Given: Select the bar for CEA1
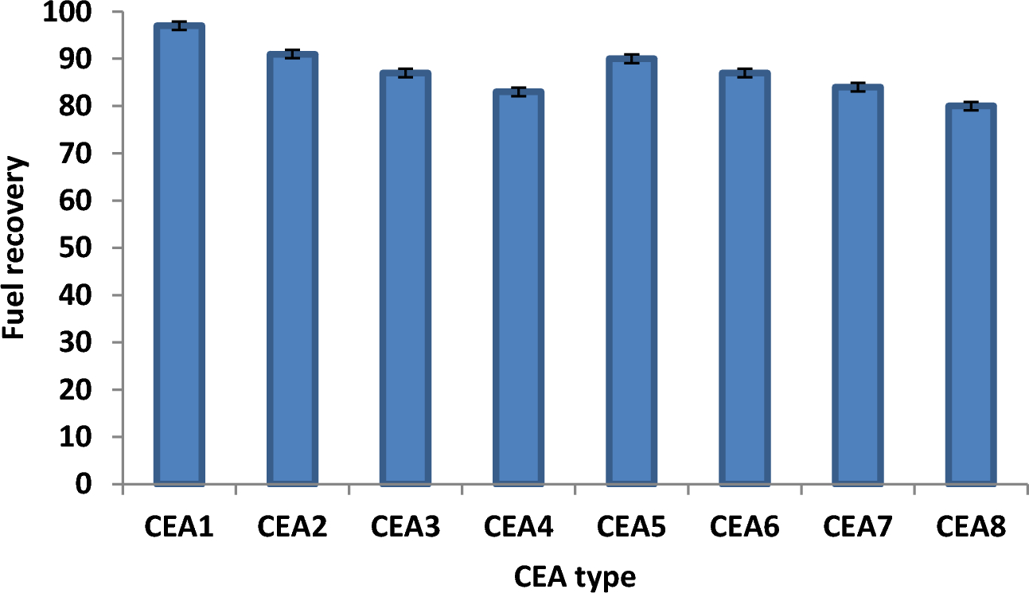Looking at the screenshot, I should click(x=179, y=255).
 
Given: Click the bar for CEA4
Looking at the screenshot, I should click(x=518, y=287).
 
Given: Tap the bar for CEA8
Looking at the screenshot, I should click(x=970, y=295).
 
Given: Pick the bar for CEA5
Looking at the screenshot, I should click(x=631, y=271).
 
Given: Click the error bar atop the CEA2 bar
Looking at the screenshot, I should click(x=292, y=54).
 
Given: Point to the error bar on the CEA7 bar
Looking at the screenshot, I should click(x=857, y=87).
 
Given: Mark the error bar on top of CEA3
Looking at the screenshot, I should click(x=405, y=73).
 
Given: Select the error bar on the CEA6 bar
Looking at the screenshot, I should click(x=744, y=73).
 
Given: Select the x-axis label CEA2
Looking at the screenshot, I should click(x=292, y=527).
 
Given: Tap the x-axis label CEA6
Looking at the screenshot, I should click(x=744, y=527).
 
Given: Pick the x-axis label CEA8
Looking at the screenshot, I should click(x=970, y=527).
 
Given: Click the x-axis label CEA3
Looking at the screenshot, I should click(x=405, y=527).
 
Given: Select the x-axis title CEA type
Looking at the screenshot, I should click(x=575, y=575).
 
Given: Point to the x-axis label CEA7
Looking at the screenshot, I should click(x=857, y=527).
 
